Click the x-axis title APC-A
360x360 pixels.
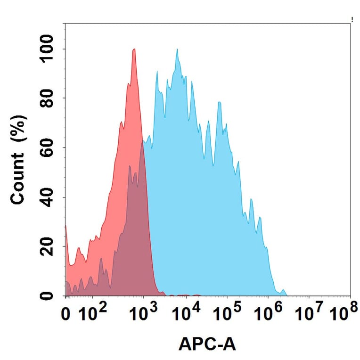tap(207, 345)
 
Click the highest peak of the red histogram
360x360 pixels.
tap(134, 49)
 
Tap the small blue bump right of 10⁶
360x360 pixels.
tap(283, 290)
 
